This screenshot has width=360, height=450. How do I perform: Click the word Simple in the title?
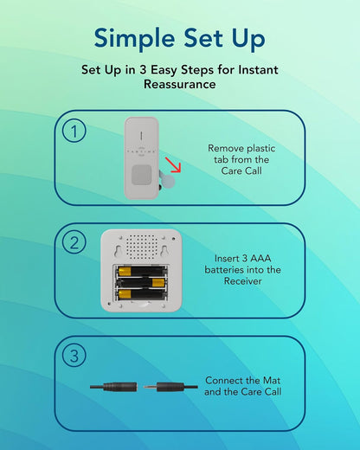pyautogui.click(x=134, y=39)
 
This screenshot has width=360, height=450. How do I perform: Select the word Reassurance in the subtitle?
pyautogui.click(x=180, y=84)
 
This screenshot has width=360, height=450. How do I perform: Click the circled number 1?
pyautogui.click(x=74, y=131)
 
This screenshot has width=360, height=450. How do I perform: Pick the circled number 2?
pyautogui.click(x=74, y=242)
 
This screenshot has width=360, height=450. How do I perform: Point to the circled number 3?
pyautogui.click(x=74, y=355)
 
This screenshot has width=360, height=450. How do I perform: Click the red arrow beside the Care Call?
pyautogui.click(x=173, y=165)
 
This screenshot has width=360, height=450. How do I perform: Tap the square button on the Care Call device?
pyautogui.click(x=142, y=175)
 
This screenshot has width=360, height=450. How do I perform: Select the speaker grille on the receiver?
pyautogui.click(x=141, y=246)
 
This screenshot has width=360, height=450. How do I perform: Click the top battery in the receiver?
pyautogui.click(x=141, y=271)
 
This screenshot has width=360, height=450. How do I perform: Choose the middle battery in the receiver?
pyautogui.click(x=141, y=283)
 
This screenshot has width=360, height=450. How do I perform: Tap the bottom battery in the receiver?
pyautogui.click(x=141, y=294)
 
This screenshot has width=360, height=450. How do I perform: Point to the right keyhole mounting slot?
pyautogui.click(x=164, y=250)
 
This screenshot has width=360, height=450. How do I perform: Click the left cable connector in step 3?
pyautogui.click(x=113, y=387)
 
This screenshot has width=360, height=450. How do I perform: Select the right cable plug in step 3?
pyautogui.click(x=170, y=387)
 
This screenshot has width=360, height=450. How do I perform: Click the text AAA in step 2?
pyautogui.click(x=260, y=258)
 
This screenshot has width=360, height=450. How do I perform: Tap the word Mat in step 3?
pyautogui.click(x=272, y=380)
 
